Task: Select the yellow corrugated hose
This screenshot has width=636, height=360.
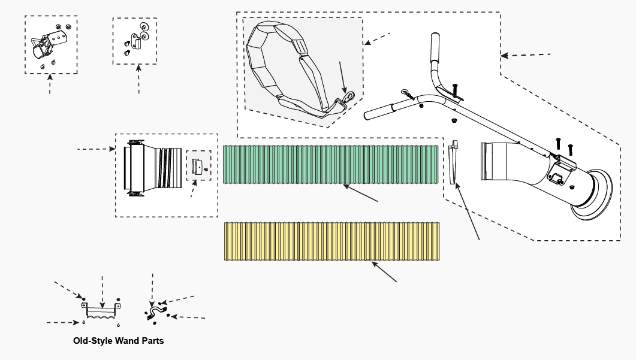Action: [x=333, y=241]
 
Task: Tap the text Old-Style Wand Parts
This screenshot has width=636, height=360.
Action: [x=118, y=341]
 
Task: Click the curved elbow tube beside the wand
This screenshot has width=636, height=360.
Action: [x=504, y=162]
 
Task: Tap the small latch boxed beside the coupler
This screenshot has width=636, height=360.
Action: [x=198, y=165]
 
